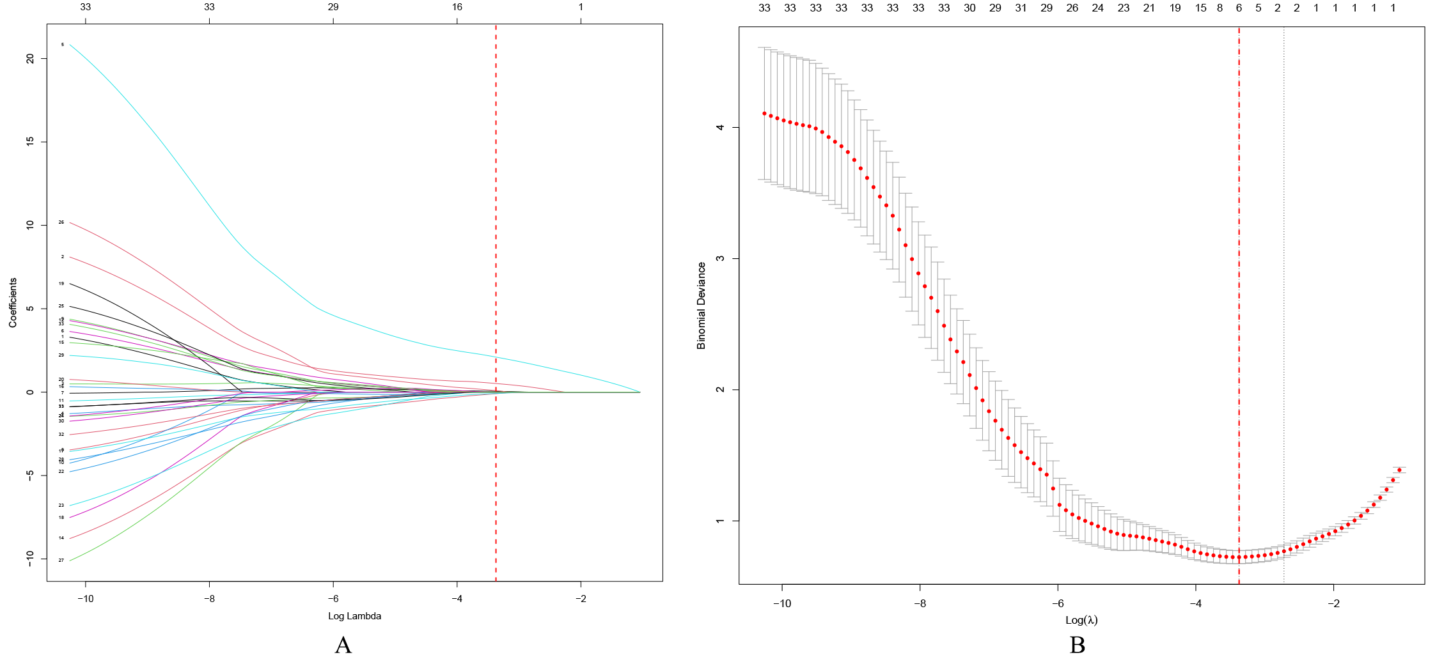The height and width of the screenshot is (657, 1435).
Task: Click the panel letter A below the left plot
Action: pos(343,645)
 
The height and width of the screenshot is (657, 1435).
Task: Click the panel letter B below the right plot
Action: pos(1078,645)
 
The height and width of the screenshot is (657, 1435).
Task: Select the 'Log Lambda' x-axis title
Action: pos(354,616)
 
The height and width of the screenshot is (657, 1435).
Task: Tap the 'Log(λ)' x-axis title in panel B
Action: pos(1081,620)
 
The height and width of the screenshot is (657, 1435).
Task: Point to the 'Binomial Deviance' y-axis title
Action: pos(702,305)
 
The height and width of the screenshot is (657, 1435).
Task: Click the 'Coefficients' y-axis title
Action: pos(13,303)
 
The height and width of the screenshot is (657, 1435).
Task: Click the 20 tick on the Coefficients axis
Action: pos(30,58)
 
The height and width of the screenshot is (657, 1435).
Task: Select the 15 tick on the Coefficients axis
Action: pos(30,141)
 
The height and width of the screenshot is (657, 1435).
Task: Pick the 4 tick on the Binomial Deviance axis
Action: pos(721,127)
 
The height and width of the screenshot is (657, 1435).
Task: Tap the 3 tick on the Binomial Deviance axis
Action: pos(721,258)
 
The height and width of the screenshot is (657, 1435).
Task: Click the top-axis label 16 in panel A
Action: pos(457,7)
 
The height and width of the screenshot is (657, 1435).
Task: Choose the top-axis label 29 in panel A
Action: pos(333,7)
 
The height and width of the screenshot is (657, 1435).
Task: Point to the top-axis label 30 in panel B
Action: pos(969,8)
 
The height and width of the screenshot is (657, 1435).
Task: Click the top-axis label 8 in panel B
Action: pos(1219,8)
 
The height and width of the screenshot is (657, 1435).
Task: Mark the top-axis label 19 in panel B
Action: pos(1175,8)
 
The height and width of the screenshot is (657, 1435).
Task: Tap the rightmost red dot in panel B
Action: pos(1399,470)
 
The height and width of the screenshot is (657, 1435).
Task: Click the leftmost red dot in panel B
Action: pos(764,113)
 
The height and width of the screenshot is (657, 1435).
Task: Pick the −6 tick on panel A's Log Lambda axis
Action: pos(333,599)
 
